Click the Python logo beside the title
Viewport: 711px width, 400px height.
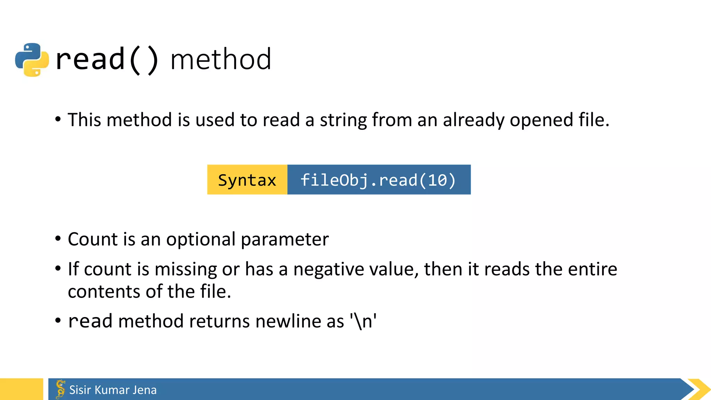click(x=32, y=59)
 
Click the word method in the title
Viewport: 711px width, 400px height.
click(x=221, y=59)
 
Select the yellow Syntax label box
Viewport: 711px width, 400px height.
click(x=247, y=180)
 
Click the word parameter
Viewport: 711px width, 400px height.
click(x=285, y=240)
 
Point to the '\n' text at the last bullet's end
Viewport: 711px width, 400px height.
click(x=363, y=321)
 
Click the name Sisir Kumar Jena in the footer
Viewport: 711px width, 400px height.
click(x=113, y=390)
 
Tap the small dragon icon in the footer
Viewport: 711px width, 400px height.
click(x=60, y=389)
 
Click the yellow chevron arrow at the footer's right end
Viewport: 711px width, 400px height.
click(x=699, y=390)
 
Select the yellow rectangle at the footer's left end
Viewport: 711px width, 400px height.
click(x=22, y=389)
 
